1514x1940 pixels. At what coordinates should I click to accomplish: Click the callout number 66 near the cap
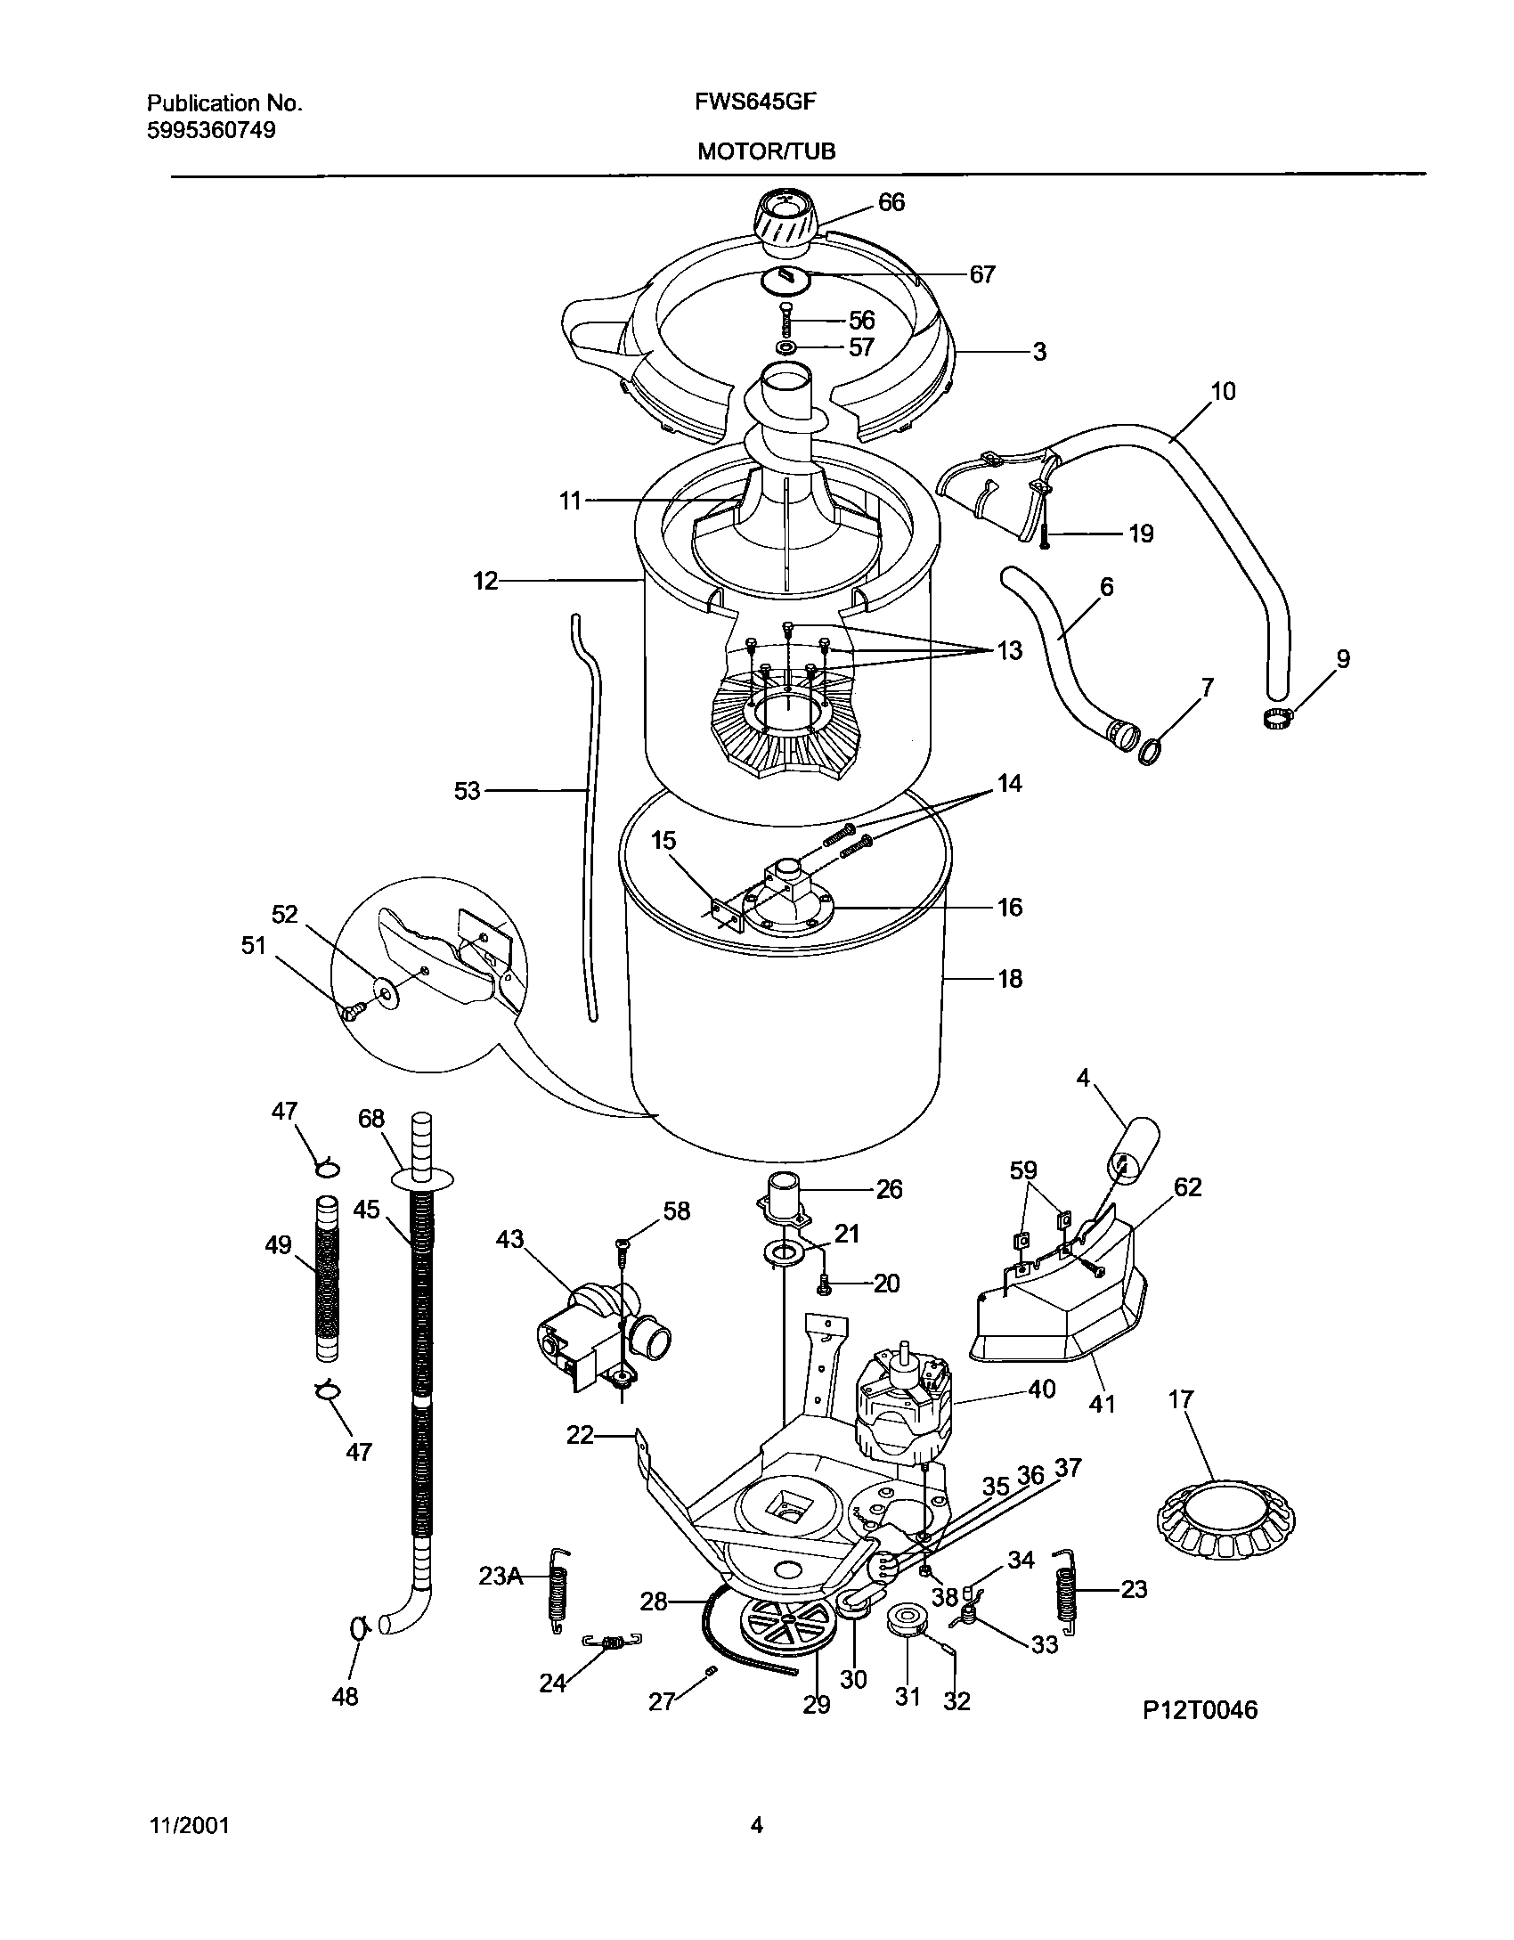891,203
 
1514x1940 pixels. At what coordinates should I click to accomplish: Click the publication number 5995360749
211,130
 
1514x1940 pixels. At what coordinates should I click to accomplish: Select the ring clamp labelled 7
1152,753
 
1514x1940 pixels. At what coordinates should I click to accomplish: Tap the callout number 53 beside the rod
467,791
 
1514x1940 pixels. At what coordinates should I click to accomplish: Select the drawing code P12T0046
1200,1710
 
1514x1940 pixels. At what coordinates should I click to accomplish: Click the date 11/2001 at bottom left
188,1826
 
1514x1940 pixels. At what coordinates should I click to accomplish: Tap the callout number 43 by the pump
509,1240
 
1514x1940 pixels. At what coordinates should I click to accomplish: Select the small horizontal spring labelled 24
613,1642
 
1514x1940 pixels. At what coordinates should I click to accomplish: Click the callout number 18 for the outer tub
1010,979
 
